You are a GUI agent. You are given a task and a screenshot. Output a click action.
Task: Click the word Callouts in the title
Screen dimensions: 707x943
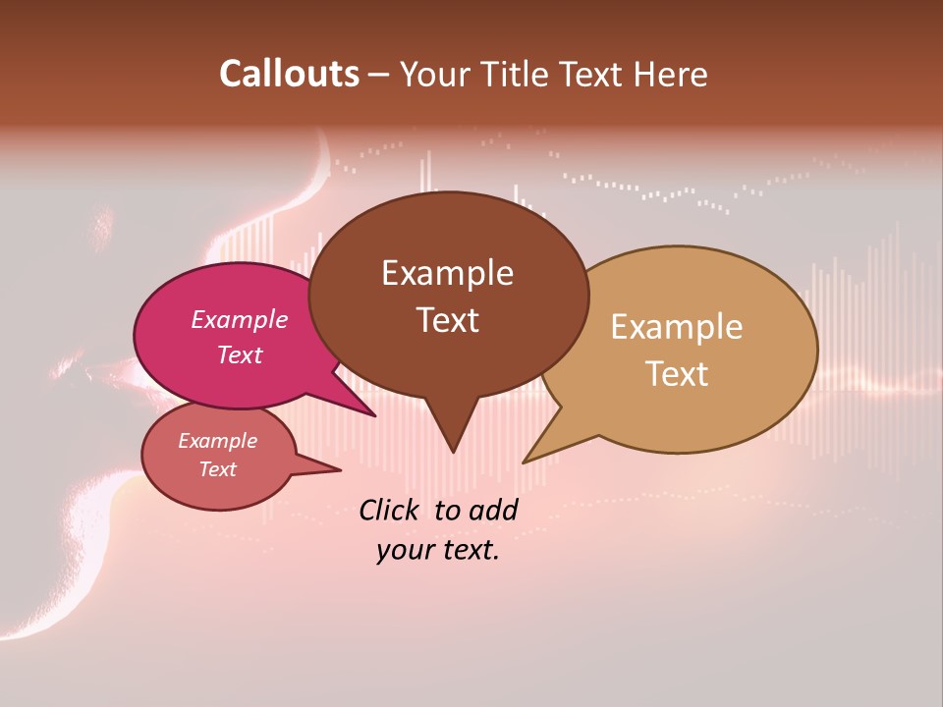pyautogui.click(x=289, y=74)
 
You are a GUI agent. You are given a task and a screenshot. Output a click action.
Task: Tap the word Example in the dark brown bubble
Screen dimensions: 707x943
pyautogui.click(x=447, y=272)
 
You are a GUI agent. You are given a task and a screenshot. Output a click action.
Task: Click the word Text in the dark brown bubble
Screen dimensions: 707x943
pyautogui.click(x=447, y=319)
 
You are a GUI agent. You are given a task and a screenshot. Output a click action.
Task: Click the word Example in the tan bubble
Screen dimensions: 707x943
pyautogui.click(x=677, y=326)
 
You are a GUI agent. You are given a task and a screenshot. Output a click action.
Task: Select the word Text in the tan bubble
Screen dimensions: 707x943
pyautogui.click(x=677, y=373)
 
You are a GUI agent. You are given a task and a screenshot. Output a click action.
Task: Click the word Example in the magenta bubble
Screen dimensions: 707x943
pyautogui.click(x=239, y=319)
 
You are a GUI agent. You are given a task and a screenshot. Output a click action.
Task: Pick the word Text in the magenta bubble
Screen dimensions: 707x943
pyautogui.click(x=239, y=354)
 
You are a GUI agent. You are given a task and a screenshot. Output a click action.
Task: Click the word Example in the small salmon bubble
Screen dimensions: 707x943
pyautogui.click(x=217, y=441)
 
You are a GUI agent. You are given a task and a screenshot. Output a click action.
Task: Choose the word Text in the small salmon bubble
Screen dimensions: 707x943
pyautogui.click(x=217, y=469)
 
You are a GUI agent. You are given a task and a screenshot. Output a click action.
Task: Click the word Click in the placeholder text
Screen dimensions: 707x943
pyautogui.click(x=391, y=510)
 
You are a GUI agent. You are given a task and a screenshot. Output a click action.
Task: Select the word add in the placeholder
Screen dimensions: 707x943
pyautogui.click(x=493, y=510)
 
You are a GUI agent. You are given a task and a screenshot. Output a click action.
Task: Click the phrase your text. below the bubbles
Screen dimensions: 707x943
pyautogui.click(x=437, y=550)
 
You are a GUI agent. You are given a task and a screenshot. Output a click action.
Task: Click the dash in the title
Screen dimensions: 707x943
pyautogui.click(x=379, y=75)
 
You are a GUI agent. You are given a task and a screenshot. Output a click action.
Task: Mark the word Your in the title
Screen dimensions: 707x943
pyautogui.click(x=434, y=74)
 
